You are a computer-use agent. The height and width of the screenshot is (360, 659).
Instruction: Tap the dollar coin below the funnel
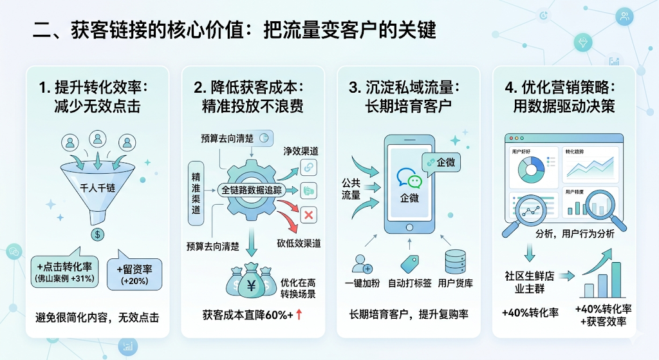[x=97, y=234]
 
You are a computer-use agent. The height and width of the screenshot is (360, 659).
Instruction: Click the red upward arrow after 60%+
[x=299, y=315]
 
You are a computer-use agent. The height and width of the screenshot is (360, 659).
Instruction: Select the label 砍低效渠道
[x=299, y=243]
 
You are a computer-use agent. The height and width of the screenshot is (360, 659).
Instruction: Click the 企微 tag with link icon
[x=440, y=162]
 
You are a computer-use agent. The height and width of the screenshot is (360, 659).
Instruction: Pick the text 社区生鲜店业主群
[x=530, y=281]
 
